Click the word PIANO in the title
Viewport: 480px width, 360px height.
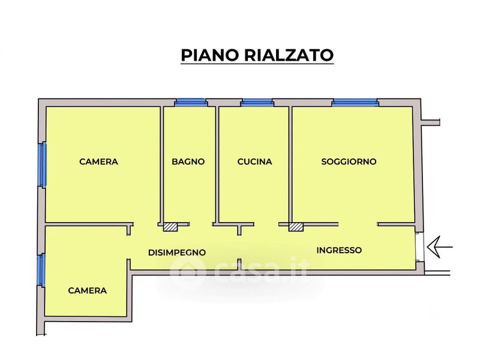click(209, 55)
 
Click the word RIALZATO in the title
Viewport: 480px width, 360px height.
click(289, 55)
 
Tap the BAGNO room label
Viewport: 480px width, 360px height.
click(188, 161)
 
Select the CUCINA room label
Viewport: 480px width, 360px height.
click(254, 161)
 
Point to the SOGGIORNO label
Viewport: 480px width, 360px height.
click(349, 161)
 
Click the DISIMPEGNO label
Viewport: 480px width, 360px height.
click(177, 253)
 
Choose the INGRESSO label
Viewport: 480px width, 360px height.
click(339, 250)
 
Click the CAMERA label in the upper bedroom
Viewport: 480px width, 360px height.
click(98, 161)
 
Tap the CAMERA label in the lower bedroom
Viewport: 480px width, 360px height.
click(87, 290)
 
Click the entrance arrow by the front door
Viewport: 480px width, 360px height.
click(440, 247)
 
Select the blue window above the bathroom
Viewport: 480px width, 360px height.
click(191, 103)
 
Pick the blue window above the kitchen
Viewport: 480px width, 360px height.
click(257, 103)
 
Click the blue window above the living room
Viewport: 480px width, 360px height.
click(355, 103)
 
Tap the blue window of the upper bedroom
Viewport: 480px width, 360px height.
click(43, 164)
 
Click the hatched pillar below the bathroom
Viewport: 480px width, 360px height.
click(170, 227)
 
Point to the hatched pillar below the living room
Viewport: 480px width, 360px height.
click(296, 227)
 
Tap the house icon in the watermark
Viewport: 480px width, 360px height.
click(187, 271)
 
